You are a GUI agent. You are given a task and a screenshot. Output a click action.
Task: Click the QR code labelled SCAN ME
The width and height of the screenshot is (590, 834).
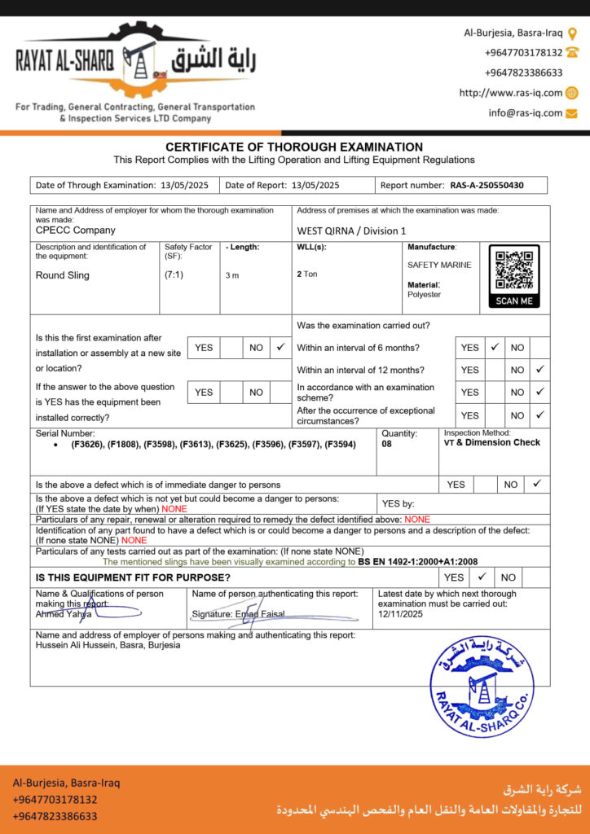coord(514,274)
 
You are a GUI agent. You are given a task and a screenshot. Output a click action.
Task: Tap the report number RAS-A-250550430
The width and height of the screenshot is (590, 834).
coord(487,185)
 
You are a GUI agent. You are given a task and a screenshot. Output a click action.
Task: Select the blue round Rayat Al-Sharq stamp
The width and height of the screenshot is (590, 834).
coord(482,687)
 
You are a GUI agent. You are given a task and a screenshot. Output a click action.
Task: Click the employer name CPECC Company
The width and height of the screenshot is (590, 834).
coord(76,230)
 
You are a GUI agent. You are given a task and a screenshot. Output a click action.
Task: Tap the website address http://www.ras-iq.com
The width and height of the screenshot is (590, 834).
coord(510,93)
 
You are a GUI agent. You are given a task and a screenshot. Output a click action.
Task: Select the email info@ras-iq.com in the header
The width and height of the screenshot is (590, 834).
coord(526,113)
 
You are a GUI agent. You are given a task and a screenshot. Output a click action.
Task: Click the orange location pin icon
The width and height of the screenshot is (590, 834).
coord(572,33)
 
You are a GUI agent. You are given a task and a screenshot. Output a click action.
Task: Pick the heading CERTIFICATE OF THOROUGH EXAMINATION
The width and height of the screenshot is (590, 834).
coord(294,147)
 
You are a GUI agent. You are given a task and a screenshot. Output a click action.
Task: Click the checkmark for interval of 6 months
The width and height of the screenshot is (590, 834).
coord(495,347)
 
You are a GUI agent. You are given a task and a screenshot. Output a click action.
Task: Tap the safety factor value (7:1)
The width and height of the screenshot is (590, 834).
coord(174,275)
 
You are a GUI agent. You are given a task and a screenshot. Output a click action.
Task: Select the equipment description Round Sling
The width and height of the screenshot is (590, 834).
coord(63,275)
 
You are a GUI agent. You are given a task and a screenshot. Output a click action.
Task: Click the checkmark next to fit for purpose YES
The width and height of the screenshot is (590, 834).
coord(482,577)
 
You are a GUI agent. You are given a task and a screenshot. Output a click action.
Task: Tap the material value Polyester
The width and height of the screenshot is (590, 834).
coord(424,295)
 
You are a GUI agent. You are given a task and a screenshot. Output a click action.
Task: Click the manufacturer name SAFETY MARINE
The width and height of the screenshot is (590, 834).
coord(439,265)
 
